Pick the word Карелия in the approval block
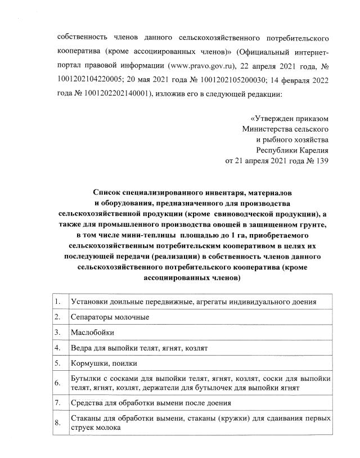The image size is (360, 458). coord(314,150)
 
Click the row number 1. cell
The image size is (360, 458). coord(58,302)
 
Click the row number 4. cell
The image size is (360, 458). coord(58,348)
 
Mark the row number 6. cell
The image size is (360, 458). coord(58,384)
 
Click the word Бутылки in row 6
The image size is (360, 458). coord(85,379)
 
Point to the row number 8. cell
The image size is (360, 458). coord(58,423)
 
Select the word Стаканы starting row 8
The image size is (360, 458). coord(85,419)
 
